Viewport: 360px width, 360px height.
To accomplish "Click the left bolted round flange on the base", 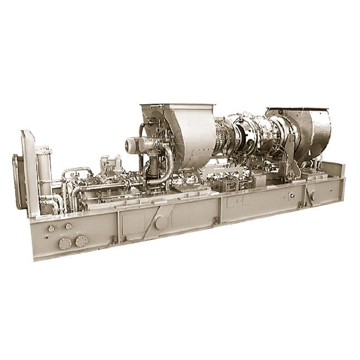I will [x=65, y=243].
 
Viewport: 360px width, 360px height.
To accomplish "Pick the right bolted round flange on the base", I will [x=81, y=240].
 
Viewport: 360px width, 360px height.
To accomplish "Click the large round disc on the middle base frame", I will [x=161, y=223].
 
